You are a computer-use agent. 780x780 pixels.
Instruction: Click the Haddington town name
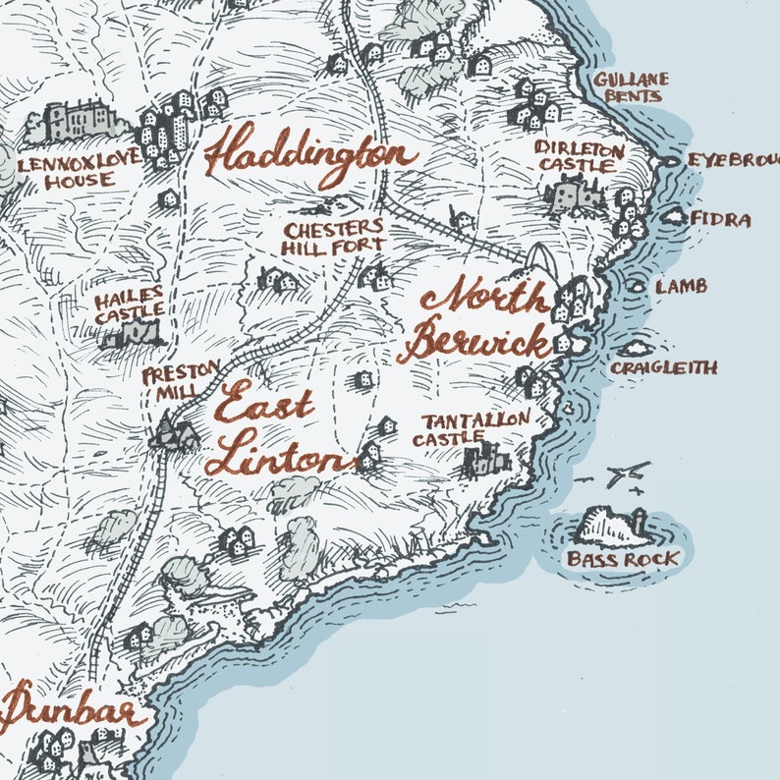(309, 155)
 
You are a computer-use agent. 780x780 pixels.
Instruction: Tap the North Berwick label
(479, 319)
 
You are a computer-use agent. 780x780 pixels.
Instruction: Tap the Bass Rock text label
(623, 560)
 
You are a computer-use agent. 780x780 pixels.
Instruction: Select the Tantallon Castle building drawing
(486, 460)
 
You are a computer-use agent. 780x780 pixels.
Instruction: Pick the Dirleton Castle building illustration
(576, 195)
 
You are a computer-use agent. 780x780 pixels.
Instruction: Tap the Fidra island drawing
(675, 215)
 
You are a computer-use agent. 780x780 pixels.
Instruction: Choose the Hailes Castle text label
(129, 305)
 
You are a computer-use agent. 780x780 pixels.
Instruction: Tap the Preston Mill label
(170, 384)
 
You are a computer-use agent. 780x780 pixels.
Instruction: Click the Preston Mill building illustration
(174, 433)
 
